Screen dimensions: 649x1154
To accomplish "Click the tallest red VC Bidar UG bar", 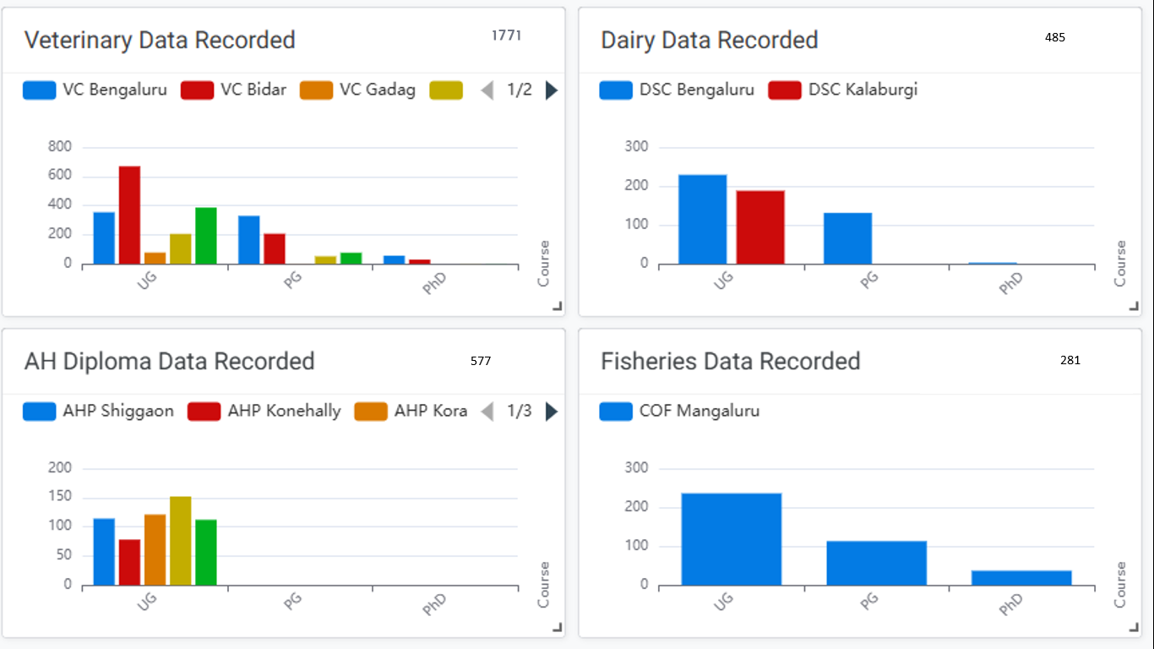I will [129, 215].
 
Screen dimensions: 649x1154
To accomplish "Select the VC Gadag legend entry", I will [358, 90].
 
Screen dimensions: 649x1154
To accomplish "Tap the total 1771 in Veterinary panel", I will [506, 35].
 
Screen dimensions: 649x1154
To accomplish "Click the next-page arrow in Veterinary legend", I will [552, 90].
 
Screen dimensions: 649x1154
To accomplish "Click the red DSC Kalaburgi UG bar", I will [760, 227].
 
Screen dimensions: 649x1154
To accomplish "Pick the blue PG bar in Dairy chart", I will [847, 238].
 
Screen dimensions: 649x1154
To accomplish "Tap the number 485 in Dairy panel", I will [1054, 38].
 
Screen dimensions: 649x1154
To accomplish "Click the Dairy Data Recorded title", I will [709, 41].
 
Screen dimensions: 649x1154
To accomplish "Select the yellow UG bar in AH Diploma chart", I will [181, 541].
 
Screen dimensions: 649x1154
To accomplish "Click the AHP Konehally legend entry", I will [264, 412].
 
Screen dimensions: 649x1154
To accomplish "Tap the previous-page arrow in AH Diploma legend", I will [487, 412].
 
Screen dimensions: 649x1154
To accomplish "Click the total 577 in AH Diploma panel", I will [481, 361].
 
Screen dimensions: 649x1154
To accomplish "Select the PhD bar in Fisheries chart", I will [1021, 577].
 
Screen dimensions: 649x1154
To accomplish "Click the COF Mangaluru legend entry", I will [680, 412].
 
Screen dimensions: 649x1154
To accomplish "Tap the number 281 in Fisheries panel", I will [1070, 360].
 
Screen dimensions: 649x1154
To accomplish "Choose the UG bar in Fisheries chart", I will [732, 539].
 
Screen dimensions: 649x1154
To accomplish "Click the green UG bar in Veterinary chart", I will [206, 236].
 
